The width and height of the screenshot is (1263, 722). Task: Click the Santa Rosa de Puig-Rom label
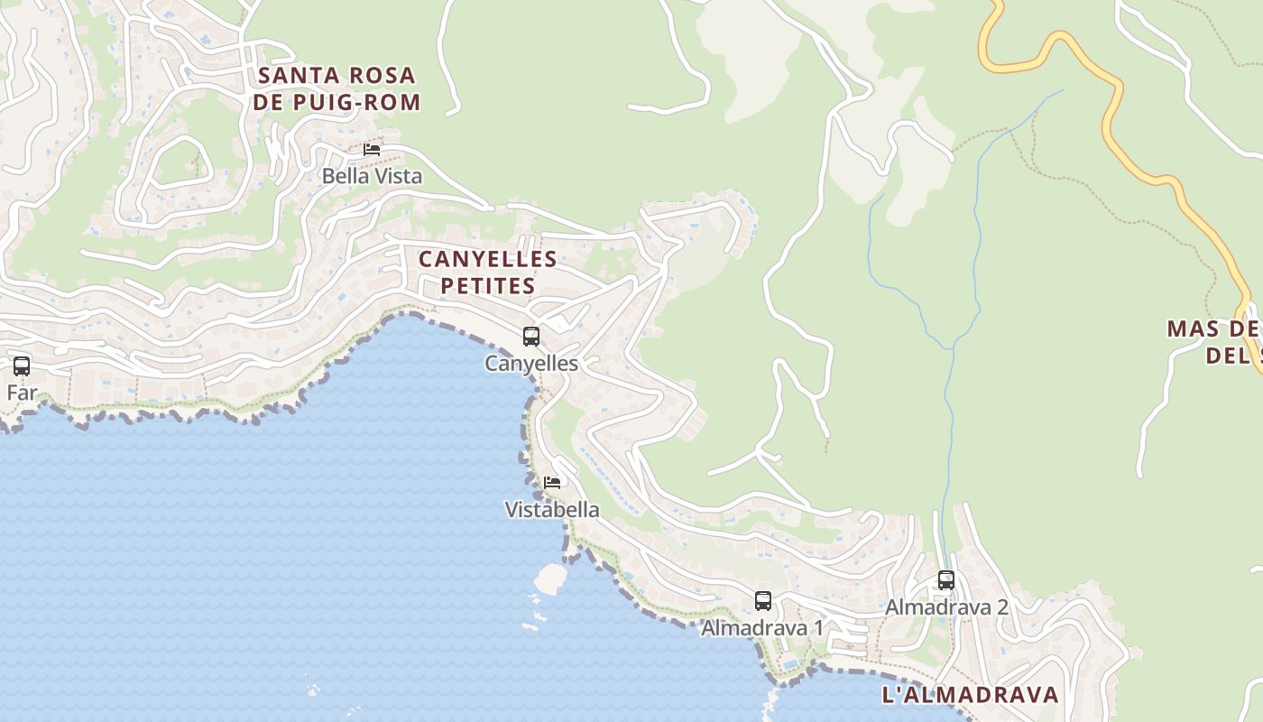[x=336, y=88]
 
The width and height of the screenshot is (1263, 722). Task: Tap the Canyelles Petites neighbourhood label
[x=487, y=273]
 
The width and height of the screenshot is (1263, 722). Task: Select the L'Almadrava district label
[x=970, y=695]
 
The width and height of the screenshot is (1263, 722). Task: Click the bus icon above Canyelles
[x=531, y=337]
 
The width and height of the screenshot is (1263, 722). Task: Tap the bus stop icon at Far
[x=22, y=366]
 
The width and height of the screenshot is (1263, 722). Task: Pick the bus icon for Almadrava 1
[x=763, y=600]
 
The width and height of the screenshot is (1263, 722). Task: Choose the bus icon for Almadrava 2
[x=946, y=580]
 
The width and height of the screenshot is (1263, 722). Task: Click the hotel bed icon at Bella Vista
[x=372, y=150]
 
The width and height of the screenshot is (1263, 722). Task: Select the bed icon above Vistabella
[x=552, y=483]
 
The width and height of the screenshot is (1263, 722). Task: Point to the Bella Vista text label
[x=372, y=176]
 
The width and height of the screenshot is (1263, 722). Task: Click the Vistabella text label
[x=551, y=510]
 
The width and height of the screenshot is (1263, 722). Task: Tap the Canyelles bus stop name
[x=531, y=364]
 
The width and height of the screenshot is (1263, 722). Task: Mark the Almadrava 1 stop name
[x=762, y=628]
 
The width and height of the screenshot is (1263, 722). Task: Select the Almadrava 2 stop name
[x=946, y=607]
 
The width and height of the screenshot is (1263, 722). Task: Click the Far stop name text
[x=22, y=393]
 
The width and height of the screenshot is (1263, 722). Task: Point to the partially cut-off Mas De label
[x=1213, y=341]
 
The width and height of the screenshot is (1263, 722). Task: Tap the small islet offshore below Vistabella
[x=550, y=579]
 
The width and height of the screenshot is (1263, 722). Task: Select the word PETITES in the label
[x=487, y=286]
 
